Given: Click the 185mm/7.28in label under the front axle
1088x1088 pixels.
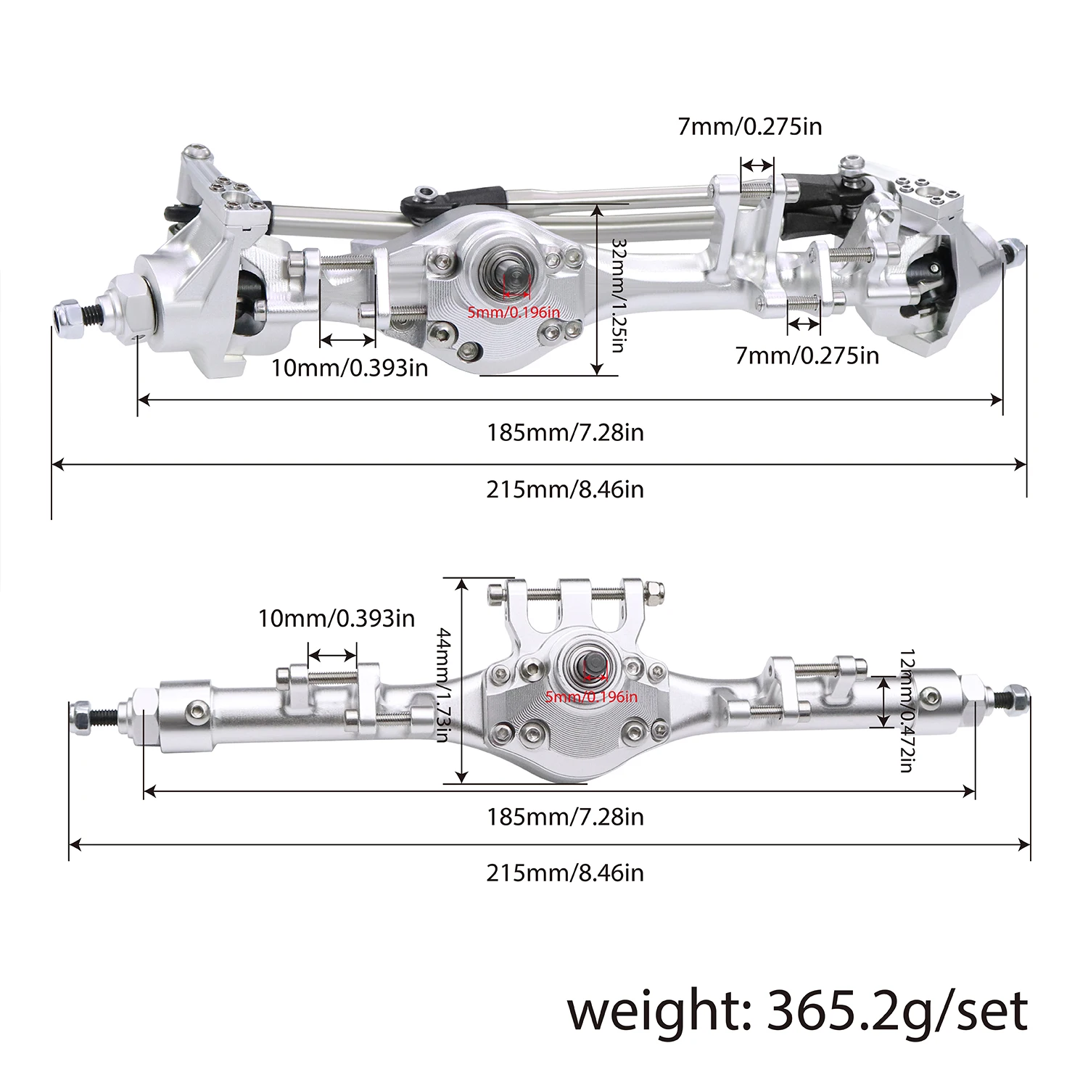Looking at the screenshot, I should tap(565, 433).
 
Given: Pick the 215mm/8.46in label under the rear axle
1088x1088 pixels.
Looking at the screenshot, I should tap(565, 873).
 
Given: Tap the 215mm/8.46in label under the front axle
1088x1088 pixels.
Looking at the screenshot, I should tap(565, 490).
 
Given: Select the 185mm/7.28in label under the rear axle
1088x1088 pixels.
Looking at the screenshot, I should tap(565, 817).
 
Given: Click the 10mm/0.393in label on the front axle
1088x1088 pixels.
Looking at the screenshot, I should tap(350, 368).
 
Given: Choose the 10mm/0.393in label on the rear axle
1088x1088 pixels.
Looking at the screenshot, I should tap(337, 618).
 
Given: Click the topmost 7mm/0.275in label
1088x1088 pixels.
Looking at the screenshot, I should tap(750, 127).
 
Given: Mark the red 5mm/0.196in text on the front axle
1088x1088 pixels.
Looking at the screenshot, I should tap(514, 313).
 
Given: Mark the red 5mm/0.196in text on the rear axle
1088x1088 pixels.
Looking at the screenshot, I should tap(591, 697).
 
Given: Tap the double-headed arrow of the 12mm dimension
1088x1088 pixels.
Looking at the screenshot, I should tap(883, 701).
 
